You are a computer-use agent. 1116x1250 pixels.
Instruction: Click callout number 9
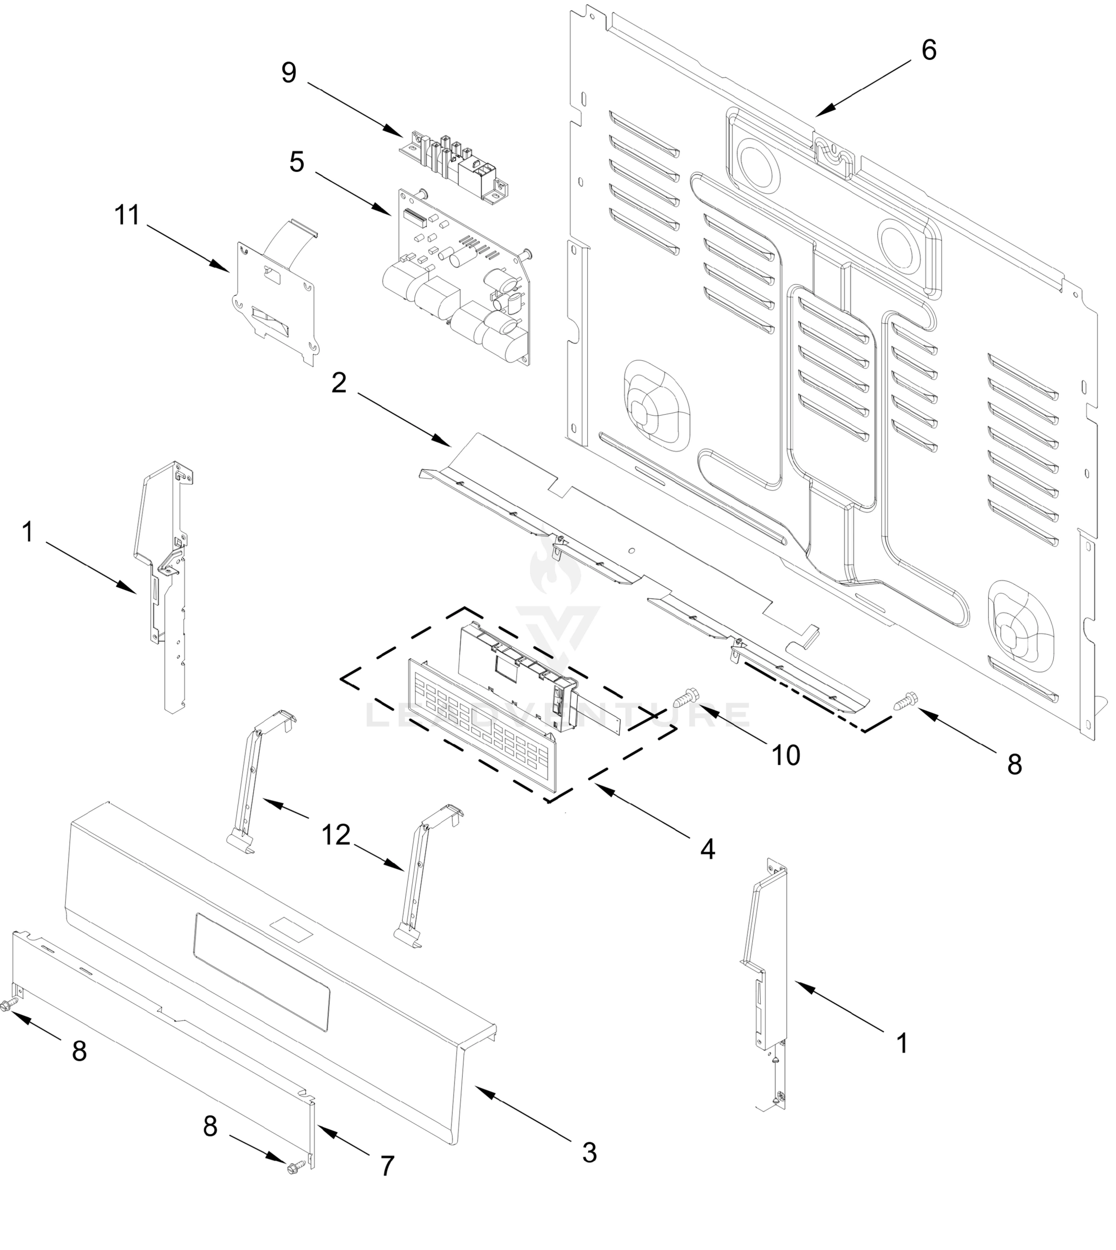click(x=289, y=73)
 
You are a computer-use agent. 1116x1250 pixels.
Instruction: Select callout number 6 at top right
click(x=928, y=51)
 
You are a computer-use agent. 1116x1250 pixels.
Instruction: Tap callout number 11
click(x=127, y=216)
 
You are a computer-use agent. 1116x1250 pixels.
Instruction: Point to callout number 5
click(x=297, y=162)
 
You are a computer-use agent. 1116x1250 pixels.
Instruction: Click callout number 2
click(x=339, y=383)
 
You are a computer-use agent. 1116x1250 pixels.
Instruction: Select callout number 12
click(x=336, y=835)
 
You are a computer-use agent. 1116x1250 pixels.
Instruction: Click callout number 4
click(x=707, y=849)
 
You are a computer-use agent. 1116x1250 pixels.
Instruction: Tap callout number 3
click(x=589, y=1153)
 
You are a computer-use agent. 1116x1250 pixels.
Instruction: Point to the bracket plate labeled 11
click(x=276, y=301)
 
